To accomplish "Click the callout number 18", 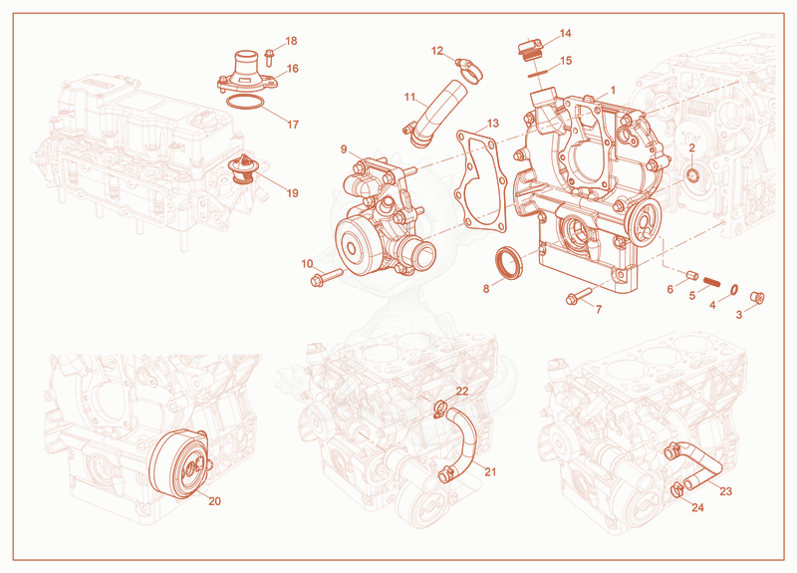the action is coord(291,41).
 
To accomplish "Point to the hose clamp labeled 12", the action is coord(468,71).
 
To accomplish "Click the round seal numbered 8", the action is coord(508,263).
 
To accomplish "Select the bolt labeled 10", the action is coord(327,277).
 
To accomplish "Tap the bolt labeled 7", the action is coord(579,296).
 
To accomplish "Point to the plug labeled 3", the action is coord(757,297).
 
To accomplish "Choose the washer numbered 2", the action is coord(692,176).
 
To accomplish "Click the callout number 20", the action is coord(214,501).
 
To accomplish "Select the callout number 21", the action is coord(490,471).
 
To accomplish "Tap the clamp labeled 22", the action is coord(440,409).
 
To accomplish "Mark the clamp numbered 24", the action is coord(677,491).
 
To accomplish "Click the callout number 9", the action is coord(344,148).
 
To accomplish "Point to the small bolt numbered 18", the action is coord(269,57).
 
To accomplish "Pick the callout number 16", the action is coord(293,69).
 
